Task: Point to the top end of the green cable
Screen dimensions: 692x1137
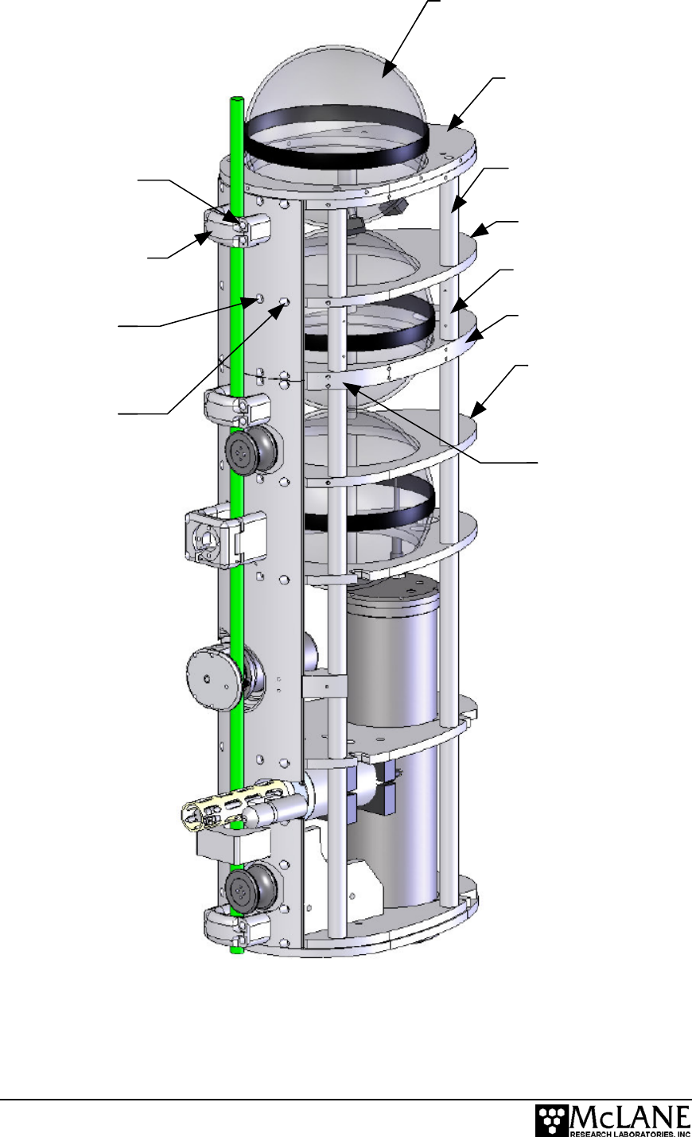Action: [x=236, y=99]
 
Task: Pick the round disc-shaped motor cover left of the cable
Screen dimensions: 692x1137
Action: [x=214, y=678]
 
